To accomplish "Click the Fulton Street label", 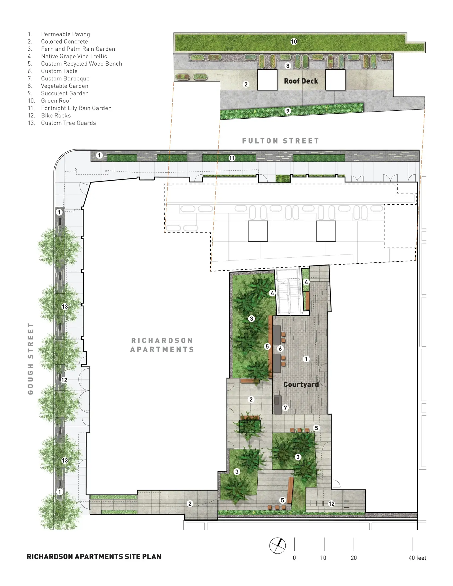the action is point(280,141).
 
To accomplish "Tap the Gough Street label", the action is point(31,359).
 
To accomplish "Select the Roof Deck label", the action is point(301,81).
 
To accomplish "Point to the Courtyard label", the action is point(301,384).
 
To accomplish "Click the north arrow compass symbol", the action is point(277,545).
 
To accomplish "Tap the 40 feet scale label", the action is point(417,558).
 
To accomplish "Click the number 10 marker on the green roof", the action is point(294,42).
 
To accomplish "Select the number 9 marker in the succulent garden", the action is point(288,111).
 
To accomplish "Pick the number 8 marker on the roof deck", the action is point(288,66).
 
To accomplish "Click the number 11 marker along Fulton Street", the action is point(232,158).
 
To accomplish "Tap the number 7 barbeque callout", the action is point(285,408).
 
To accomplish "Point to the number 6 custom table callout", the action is point(280,348).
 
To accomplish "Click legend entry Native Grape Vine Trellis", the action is point(74,56).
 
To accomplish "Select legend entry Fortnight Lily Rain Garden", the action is point(76,108).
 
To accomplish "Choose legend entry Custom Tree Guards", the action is point(68,123).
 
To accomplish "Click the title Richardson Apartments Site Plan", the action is point(94,557).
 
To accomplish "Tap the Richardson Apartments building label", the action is point(162,345).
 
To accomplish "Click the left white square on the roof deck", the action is point(267,80).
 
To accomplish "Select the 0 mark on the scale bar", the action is point(294,558).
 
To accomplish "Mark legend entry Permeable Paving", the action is point(65,34).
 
